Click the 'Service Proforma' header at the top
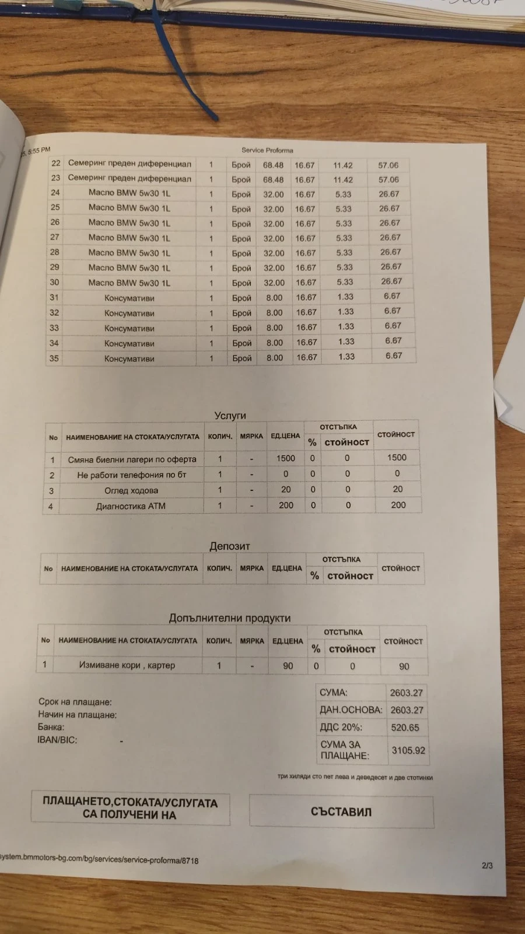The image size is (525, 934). point(267,150)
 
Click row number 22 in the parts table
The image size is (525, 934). point(56,163)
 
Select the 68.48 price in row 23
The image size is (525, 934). point(273,180)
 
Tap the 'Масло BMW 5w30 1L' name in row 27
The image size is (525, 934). point(129,238)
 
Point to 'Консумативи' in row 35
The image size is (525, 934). point(129,358)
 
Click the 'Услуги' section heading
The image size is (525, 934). point(230,416)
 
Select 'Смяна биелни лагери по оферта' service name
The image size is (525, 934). point(132,459)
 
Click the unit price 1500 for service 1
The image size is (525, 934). point(286,458)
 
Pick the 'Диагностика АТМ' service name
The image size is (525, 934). point(131,506)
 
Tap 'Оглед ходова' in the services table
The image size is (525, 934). point(131,490)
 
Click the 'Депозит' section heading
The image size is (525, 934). point(230,546)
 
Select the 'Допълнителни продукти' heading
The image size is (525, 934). point(230,618)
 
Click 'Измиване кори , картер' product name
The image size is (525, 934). point(127,665)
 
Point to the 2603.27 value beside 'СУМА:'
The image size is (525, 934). point(407,693)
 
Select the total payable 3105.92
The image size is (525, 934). point(408,750)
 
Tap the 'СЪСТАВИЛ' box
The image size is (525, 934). point(341,812)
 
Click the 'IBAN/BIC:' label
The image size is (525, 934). point(57,740)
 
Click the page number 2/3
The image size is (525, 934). point(487,865)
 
